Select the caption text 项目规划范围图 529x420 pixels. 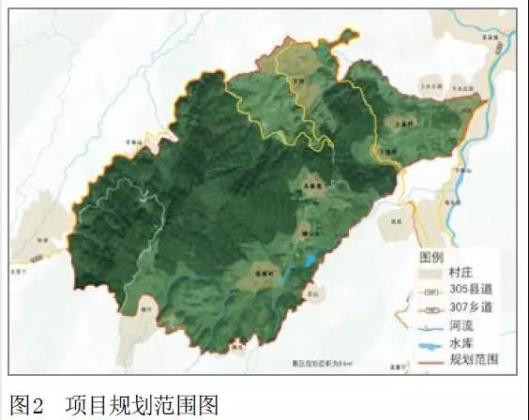pyautogui.click(x=142, y=405)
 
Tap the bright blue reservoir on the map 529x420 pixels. pyautogui.click(x=307, y=259)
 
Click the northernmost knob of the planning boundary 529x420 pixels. pyautogui.click(x=349, y=36)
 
